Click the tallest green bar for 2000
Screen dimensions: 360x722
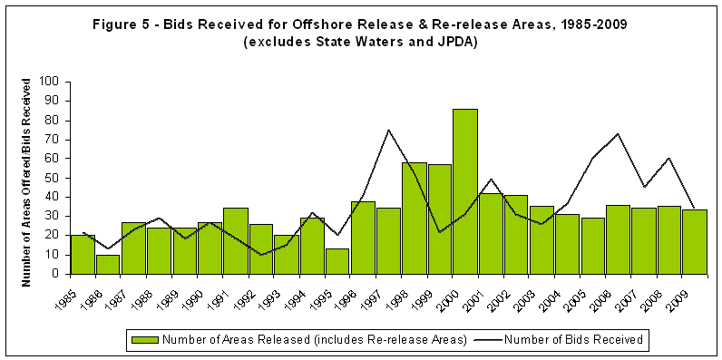(x=464, y=191)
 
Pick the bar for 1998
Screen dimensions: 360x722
(x=414, y=218)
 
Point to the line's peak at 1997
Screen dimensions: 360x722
(x=388, y=130)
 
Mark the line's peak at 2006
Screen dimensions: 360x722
(x=618, y=134)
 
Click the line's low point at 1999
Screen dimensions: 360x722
(x=439, y=232)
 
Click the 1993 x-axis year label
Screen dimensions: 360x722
(x=287, y=292)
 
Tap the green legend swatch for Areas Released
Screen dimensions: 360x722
(x=145, y=340)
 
